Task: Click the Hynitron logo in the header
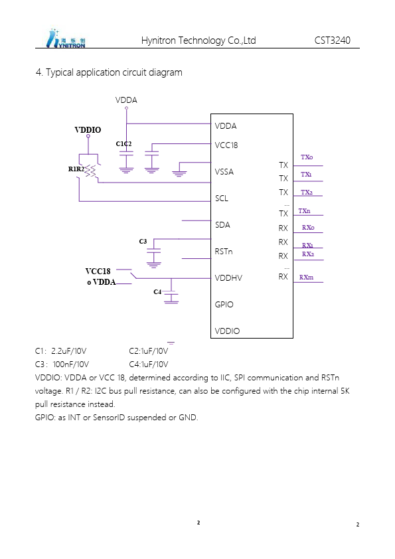pos(66,39)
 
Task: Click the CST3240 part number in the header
pos(332,40)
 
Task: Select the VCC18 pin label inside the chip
pos(226,145)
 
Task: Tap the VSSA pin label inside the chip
pos(224,172)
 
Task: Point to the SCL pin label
pos(221,199)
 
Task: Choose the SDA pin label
pos(222,225)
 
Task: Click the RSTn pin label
pos(224,252)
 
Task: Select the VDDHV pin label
pos(228,278)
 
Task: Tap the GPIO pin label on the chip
pos(224,305)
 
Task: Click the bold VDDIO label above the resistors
pos(88,129)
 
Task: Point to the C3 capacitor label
pos(143,242)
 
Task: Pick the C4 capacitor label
pos(157,291)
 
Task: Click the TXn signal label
pos(304,211)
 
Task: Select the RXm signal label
pos(306,277)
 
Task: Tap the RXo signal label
pos(308,228)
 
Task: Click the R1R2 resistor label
pos(76,169)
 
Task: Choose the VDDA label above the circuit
pos(126,100)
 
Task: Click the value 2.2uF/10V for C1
pos(69,351)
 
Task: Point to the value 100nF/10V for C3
pos(71,364)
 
